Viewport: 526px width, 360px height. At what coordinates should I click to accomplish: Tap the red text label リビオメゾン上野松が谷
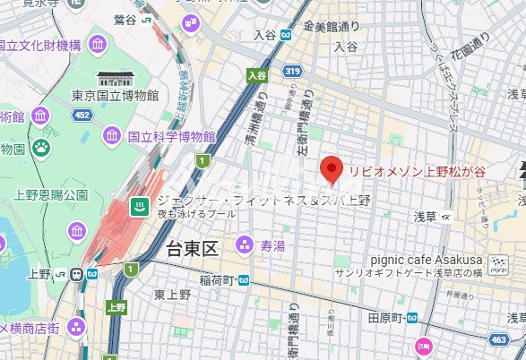tap(418, 169)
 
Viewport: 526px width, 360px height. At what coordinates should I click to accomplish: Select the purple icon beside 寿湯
tap(244, 244)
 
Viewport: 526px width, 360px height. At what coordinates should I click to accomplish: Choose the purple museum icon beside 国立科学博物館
tap(112, 137)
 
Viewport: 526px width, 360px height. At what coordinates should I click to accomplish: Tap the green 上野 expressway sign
tap(116, 305)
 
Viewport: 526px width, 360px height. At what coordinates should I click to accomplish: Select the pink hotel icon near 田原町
tap(423, 346)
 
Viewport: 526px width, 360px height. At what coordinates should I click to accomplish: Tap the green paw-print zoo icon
tap(41, 146)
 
